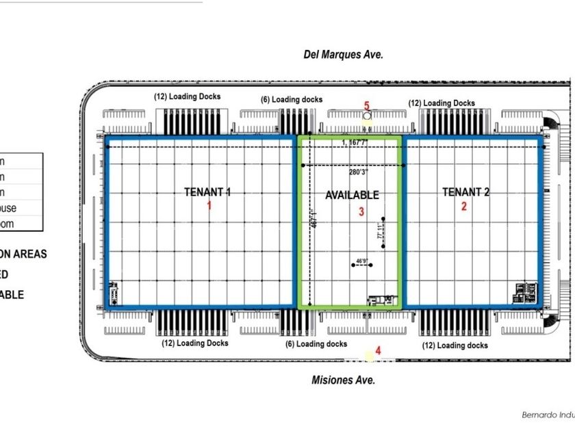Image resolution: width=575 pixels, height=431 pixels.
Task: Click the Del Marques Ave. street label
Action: click(343, 55)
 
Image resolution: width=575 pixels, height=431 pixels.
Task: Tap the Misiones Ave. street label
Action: click(343, 380)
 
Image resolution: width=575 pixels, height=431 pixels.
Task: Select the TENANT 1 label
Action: click(207, 192)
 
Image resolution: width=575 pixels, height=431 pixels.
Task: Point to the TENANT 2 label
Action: click(465, 192)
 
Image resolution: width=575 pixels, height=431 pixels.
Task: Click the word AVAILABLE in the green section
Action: click(352, 195)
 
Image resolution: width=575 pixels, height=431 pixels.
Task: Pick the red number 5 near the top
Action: click(367, 106)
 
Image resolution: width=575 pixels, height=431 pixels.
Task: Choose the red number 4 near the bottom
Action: click(378, 351)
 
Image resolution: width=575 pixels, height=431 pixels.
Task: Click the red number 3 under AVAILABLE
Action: click(361, 211)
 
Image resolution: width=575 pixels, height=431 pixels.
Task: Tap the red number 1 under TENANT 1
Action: click(210, 205)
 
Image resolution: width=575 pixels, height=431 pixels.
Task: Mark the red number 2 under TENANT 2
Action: click(464, 205)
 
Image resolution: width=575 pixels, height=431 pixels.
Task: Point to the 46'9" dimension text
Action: click(361, 261)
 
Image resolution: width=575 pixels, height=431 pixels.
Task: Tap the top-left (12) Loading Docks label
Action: click(187, 96)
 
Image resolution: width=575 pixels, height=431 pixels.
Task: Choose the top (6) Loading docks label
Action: click(292, 100)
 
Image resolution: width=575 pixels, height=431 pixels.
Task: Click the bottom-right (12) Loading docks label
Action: click(455, 345)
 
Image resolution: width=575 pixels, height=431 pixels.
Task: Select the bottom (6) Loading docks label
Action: click(316, 344)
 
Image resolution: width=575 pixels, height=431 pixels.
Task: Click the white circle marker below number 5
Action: click(367, 116)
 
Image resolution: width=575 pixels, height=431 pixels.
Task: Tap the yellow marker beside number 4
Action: click(370, 355)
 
